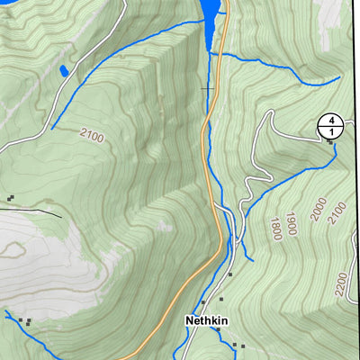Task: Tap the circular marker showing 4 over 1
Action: [330, 127]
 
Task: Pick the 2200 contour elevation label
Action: [340, 286]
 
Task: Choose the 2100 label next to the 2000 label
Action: [338, 212]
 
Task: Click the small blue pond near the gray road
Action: [63, 70]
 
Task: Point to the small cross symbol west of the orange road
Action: [208, 88]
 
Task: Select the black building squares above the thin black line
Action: [10, 197]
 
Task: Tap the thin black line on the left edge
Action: [31, 212]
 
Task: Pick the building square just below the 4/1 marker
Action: [329, 142]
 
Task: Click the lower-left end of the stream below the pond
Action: [52, 128]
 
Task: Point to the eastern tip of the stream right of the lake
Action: [339, 77]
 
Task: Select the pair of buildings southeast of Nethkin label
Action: [238, 345]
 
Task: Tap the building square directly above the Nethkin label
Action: [203, 302]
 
